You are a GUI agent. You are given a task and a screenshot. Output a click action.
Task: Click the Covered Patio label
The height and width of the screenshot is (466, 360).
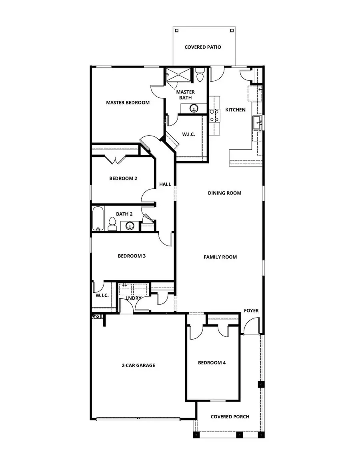pyautogui.click(x=202, y=47)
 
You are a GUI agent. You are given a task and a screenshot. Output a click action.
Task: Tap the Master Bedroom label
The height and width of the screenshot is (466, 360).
pyautogui.click(x=128, y=102)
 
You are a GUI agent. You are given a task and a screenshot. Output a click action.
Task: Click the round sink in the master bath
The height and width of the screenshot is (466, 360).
pyautogui.click(x=194, y=107)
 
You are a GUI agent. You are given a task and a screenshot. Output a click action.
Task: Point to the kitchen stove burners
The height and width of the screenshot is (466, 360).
pyautogui.click(x=214, y=115)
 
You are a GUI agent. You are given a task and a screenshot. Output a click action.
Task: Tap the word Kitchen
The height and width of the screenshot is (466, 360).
pyautogui.click(x=235, y=110)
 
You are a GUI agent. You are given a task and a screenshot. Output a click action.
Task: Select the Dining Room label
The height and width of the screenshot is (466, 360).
pyautogui.click(x=224, y=193)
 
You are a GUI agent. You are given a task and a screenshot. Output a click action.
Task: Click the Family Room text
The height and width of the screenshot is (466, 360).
pyautogui.click(x=220, y=257)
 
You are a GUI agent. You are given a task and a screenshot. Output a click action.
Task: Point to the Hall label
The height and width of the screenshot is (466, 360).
pyautogui.click(x=165, y=184)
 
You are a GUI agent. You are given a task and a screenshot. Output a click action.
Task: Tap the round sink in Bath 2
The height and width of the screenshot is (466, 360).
pyautogui.click(x=130, y=226)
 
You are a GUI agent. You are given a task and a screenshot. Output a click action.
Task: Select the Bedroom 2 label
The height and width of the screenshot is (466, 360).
pyautogui.click(x=123, y=178)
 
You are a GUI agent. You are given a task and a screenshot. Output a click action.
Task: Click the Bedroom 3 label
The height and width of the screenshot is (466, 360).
pyautogui.click(x=131, y=256)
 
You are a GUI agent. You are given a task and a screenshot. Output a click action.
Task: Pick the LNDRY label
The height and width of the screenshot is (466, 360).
pyautogui.click(x=133, y=298)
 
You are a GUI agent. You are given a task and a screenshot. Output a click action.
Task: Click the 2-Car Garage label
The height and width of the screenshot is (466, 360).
pyautogui.click(x=138, y=365)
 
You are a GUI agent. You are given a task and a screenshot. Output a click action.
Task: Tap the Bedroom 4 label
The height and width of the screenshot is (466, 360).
pyautogui.click(x=212, y=362)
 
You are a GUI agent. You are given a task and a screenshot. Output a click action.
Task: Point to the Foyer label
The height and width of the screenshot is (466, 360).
pyautogui.click(x=251, y=310)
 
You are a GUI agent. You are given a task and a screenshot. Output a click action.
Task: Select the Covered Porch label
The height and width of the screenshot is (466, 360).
pyautogui.click(x=230, y=416)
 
